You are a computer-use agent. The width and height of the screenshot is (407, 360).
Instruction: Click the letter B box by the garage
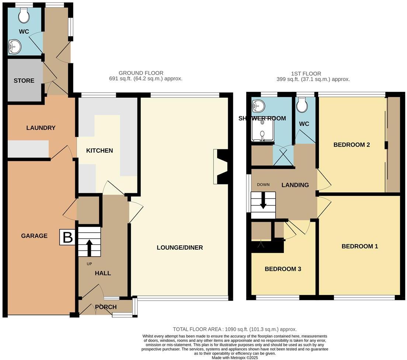click(67, 237)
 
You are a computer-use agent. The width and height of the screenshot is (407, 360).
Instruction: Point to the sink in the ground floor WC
click(15, 47)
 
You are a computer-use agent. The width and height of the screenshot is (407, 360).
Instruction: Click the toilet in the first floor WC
click(302, 105)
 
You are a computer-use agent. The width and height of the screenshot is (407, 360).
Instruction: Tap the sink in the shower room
click(258, 107)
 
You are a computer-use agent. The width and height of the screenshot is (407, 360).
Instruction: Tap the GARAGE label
click(34, 236)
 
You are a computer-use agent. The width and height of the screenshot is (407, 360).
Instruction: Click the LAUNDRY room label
click(41, 128)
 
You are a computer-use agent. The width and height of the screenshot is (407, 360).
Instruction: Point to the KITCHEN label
click(100, 151)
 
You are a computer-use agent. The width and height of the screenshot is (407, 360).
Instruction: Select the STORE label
click(24, 81)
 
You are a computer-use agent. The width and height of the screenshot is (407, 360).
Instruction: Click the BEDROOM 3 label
click(283, 269)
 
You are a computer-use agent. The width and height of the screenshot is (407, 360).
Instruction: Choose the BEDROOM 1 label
click(359, 246)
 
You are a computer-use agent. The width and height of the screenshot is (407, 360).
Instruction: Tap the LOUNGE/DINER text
click(180, 247)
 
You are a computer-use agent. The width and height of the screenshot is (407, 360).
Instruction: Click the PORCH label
click(106, 307)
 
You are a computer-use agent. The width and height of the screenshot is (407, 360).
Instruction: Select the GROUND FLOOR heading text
click(141, 73)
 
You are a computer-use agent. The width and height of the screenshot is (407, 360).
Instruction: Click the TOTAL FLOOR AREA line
click(235, 329)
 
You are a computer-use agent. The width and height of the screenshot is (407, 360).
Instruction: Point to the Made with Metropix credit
click(235, 358)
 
